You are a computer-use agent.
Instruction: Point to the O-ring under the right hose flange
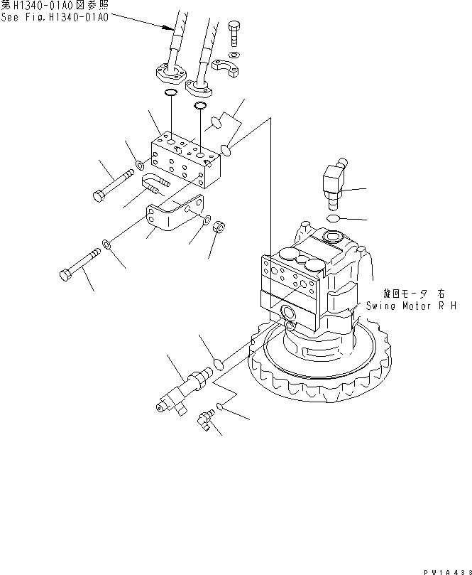[201, 106]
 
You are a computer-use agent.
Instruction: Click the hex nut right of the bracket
[220, 230]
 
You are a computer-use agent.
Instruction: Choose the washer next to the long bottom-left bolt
[106, 244]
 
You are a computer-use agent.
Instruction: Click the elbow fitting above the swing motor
[333, 181]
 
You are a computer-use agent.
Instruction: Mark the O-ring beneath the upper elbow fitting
[334, 218]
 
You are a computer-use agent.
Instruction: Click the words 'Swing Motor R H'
[411, 306]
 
